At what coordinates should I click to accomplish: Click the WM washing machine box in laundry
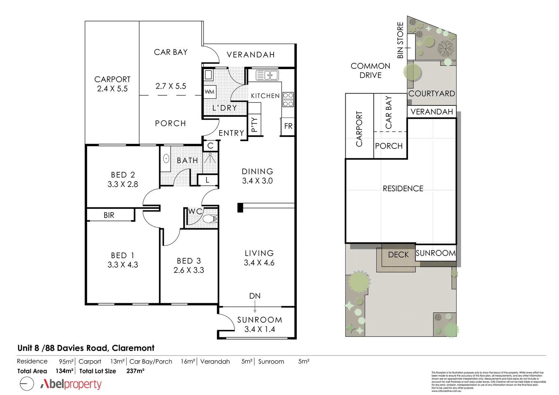210,91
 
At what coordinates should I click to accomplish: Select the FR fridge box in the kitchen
288,126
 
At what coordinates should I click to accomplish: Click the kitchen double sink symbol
267,75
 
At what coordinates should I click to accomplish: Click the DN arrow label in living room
255,296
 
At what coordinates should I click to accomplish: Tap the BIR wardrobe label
109,215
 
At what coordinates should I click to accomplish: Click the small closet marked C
210,146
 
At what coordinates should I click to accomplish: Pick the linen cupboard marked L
207,180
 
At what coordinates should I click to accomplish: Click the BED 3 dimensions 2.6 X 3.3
189,270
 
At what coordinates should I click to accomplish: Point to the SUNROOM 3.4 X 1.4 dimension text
260,329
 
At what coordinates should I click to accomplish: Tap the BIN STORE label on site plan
400,40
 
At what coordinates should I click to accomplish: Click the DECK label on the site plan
398,255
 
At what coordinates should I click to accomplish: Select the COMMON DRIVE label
370,71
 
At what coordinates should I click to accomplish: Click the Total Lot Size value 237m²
135,371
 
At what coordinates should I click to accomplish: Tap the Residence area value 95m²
66,361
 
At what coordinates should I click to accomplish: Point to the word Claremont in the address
133,348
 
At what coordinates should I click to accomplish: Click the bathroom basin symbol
166,159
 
